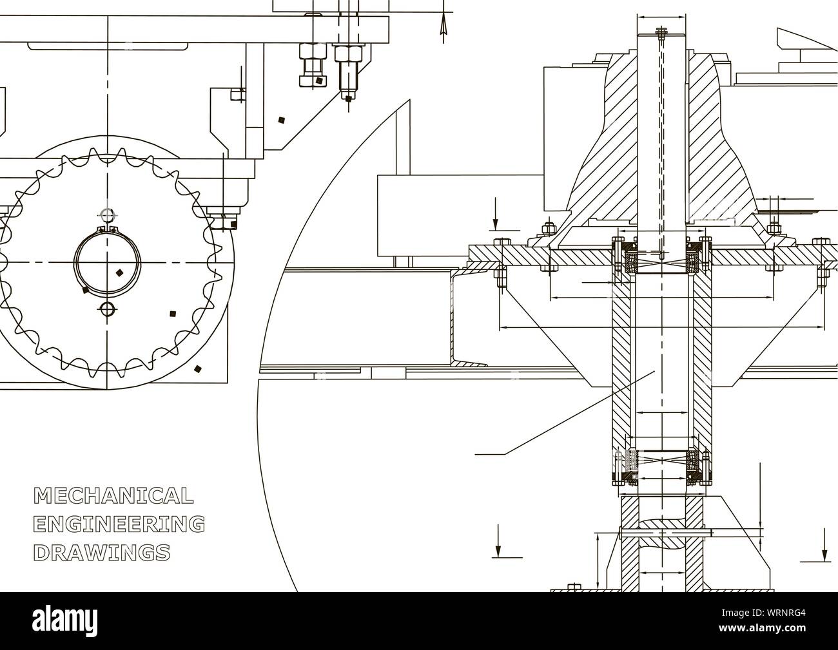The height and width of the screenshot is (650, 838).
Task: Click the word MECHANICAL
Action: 113,495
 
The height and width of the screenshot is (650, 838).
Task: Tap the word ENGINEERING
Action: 119,524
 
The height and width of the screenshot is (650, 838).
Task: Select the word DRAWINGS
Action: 102,552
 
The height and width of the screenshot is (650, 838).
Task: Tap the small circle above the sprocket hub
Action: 108,214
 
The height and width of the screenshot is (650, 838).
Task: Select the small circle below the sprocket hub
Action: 107,309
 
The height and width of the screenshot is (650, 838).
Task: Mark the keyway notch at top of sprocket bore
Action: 108,229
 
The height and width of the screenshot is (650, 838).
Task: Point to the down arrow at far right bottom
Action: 824,548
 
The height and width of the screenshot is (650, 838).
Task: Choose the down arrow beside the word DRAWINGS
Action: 497,541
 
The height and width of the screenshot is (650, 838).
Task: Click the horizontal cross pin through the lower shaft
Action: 664,532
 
